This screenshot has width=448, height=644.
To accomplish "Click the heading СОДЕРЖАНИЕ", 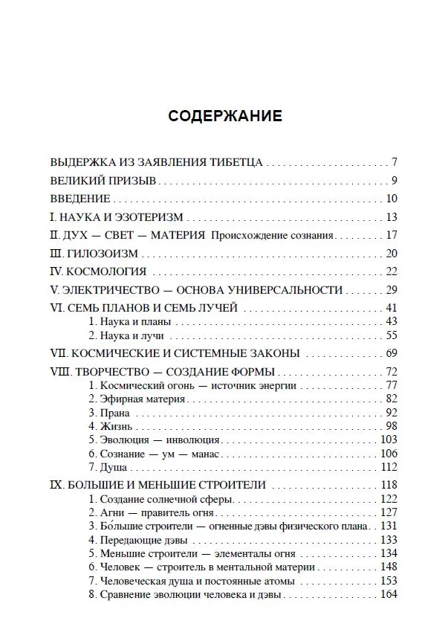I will (x=224, y=116).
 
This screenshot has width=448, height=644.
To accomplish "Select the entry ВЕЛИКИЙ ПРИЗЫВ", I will (x=103, y=180).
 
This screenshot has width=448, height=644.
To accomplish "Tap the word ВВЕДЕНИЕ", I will (x=80, y=199).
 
